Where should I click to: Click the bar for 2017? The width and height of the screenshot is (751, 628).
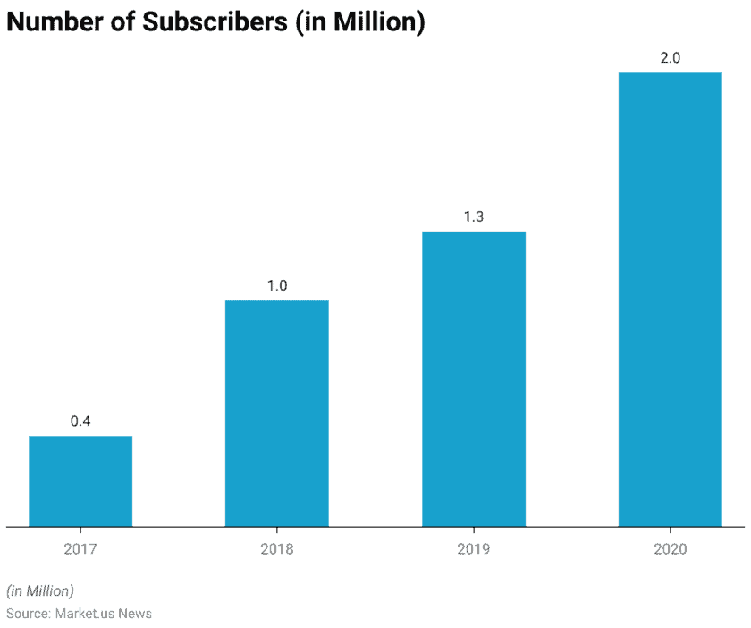(x=80, y=480)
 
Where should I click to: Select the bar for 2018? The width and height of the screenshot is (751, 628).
(x=276, y=412)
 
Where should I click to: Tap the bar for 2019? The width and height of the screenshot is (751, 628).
(x=473, y=378)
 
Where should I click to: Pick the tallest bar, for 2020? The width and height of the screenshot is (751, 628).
(x=670, y=299)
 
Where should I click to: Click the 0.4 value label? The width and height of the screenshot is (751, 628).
(x=80, y=421)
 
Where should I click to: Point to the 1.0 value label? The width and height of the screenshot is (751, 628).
(x=276, y=286)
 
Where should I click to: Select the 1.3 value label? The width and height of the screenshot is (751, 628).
(x=473, y=217)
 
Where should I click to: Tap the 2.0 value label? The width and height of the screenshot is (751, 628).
(x=670, y=58)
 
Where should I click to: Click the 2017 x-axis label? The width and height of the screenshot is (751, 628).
(x=80, y=548)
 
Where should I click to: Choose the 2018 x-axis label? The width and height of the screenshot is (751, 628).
(x=276, y=548)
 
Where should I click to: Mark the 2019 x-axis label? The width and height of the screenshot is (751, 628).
(x=473, y=548)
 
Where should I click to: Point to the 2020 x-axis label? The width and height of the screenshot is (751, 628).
(x=670, y=548)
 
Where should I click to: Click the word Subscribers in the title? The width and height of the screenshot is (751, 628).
(x=215, y=22)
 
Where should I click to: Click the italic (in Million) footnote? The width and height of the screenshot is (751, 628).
(x=40, y=590)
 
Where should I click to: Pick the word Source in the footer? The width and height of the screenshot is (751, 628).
(x=27, y=614)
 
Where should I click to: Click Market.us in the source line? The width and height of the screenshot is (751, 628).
(x=87, y=614)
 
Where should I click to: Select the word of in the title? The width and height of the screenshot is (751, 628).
(x=122, y=22)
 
